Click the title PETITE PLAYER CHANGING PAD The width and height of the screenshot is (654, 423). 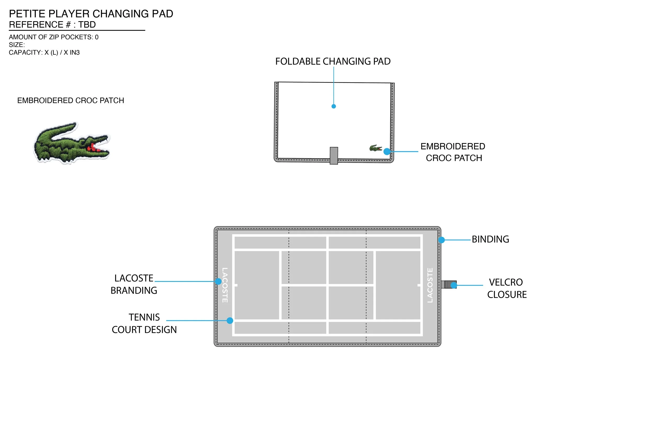pyautogui.click(x=91, y=14)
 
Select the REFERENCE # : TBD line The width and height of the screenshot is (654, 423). pyautogui.click(x=52, y=25)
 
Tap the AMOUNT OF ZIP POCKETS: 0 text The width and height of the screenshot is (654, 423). pyautogui.click(x=54, y=37)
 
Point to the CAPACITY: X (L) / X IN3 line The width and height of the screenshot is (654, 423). pyautogui.click(x=44, y=53)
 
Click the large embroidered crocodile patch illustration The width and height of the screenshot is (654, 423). pyautogui.click(x=71, y=143)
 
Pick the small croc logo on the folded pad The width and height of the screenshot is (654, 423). pyautogui.click(x=375, y=148)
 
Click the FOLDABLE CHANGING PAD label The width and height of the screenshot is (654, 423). pyautogui.click(x=333, y=61)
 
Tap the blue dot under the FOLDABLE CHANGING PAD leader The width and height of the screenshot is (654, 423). pyautogui.click(x=334, y=106)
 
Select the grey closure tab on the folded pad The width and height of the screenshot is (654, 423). pyautogui.click(x=334, y=156)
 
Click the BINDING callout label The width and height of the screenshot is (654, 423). pyautogui.click(x=490, y=239)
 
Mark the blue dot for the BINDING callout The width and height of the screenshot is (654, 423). pyautogui.click(x=442, y=240)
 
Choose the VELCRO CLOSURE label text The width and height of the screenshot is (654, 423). pyautogui.click(x=507, y=288)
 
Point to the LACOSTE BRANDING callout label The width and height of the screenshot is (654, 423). pyautogui.click(x=134, y=284)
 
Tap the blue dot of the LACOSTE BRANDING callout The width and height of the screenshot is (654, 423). pyautogui.click(x=218, y=281)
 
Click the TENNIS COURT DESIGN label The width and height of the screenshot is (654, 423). pyautogui.click(x=144, y=323)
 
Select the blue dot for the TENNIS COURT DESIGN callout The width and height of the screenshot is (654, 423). pyautogui.click(x=230, y=321)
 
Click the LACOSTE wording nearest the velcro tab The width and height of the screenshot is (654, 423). pyautogui.click(x=430, y=285)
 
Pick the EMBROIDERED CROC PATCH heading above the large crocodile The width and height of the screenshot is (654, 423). pyautogui.click(x=71, y=101)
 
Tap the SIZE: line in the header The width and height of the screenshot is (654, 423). pyautogui.click(x=17, y=45)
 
